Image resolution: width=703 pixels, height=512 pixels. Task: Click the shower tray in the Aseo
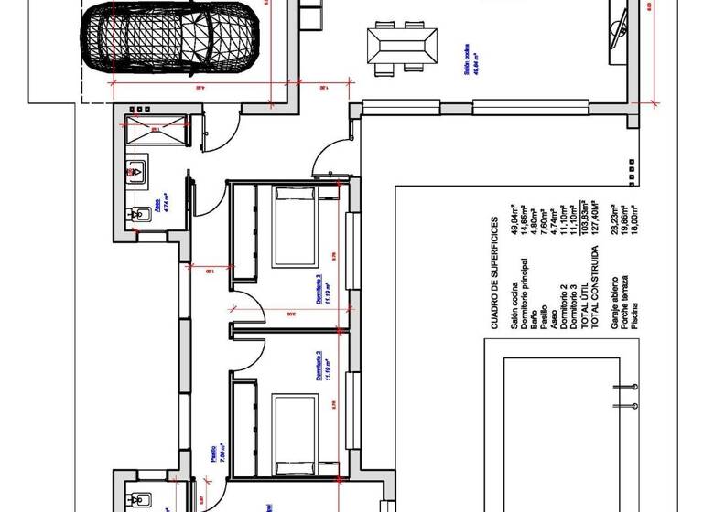point(156,129)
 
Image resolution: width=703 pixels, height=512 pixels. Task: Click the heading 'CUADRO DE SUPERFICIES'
point(494,272)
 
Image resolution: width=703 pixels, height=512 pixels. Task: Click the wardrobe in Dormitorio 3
point(245,230)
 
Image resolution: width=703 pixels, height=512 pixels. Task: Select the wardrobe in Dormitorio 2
point(245,428)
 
